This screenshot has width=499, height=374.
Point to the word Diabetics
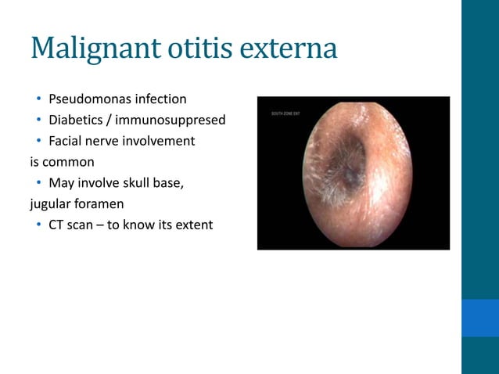click(x=76, y=120)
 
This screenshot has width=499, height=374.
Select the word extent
click(x=192, y=225)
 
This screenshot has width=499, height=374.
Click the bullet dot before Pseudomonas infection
click(x=37, y=99)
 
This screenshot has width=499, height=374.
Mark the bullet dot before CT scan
click(x=37, y=225)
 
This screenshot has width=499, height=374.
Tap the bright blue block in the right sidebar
click(x=479, y=317)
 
